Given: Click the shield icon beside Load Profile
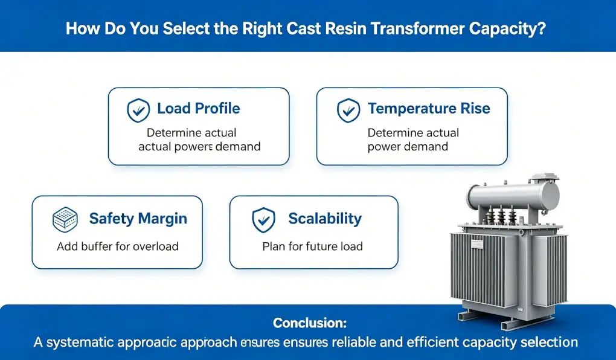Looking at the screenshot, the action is pos(138,110).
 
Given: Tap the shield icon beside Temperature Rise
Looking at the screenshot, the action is pos(348,110).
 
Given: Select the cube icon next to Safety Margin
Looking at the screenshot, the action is pos(65,219).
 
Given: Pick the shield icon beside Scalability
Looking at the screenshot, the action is pos(263,220).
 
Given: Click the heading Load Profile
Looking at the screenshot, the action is pos(199,109).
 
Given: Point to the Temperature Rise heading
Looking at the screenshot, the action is pos(429,109).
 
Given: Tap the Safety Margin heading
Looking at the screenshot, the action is pos(138,219).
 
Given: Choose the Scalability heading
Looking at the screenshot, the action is pos(325,219).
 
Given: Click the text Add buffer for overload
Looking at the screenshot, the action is pos(118,246).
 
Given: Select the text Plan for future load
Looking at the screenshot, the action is pos(312,246).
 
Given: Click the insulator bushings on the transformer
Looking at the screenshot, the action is pos(501,214).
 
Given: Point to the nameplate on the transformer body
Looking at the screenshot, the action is pos(477,245).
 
